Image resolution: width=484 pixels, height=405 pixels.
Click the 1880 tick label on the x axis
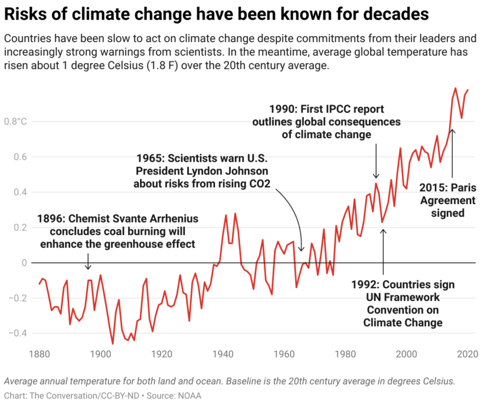pyautogui.click(x=39, y=355)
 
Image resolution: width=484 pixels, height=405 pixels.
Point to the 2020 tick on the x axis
pyautogui.click(x=467, y=355)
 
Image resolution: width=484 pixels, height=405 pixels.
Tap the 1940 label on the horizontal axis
pyautogui.click(x=223, y=355)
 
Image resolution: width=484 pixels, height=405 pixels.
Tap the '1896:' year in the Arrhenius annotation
pyautogui.click(x=51, y=219)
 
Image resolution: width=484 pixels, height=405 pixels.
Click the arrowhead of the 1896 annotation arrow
pyautogui.click(x=88, y=269)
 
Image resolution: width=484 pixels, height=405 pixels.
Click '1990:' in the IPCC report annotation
pyautogui.click(x=283, y=109)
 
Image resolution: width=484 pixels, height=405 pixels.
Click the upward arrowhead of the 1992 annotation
pyautogui.click(x=383, y=230)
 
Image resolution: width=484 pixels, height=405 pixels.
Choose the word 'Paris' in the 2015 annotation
pyautogui.click(x=463, y=188)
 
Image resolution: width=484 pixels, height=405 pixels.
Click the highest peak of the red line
pyautogui.click(x=456, y=88)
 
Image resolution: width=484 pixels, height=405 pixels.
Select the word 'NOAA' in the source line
pyautogui.click(x=189, y=395)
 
